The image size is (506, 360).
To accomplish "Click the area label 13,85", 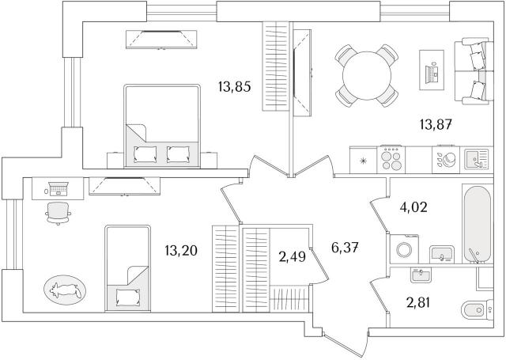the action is (234, 87).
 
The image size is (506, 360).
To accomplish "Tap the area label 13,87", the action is (436, 124).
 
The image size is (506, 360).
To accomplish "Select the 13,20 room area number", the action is (181, 251).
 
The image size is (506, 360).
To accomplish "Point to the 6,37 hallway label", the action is (345, 248).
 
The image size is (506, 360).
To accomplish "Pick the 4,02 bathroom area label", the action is (413, 207).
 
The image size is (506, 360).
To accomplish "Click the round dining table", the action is (367, 75).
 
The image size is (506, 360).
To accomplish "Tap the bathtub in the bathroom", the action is (478, 224).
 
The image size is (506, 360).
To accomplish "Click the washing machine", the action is (404, 249).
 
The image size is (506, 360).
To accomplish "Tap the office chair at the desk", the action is (58, 213).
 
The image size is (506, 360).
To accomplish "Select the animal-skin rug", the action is (65, 290).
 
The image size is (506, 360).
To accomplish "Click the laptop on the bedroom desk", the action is (58, 188).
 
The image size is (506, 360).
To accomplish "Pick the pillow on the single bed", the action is (128, 297).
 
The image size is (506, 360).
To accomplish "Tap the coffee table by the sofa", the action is (432, 70).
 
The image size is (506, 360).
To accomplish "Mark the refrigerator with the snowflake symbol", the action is (364, 160).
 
